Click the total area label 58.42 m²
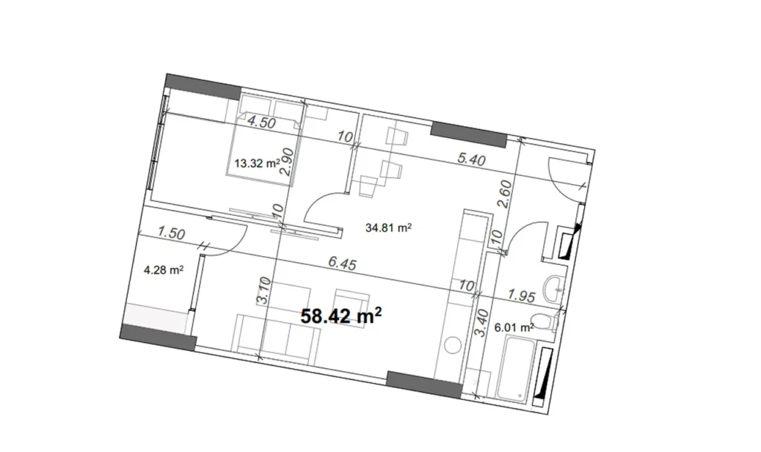341,316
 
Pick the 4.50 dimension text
262,123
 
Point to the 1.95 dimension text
522,296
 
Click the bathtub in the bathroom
518,367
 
